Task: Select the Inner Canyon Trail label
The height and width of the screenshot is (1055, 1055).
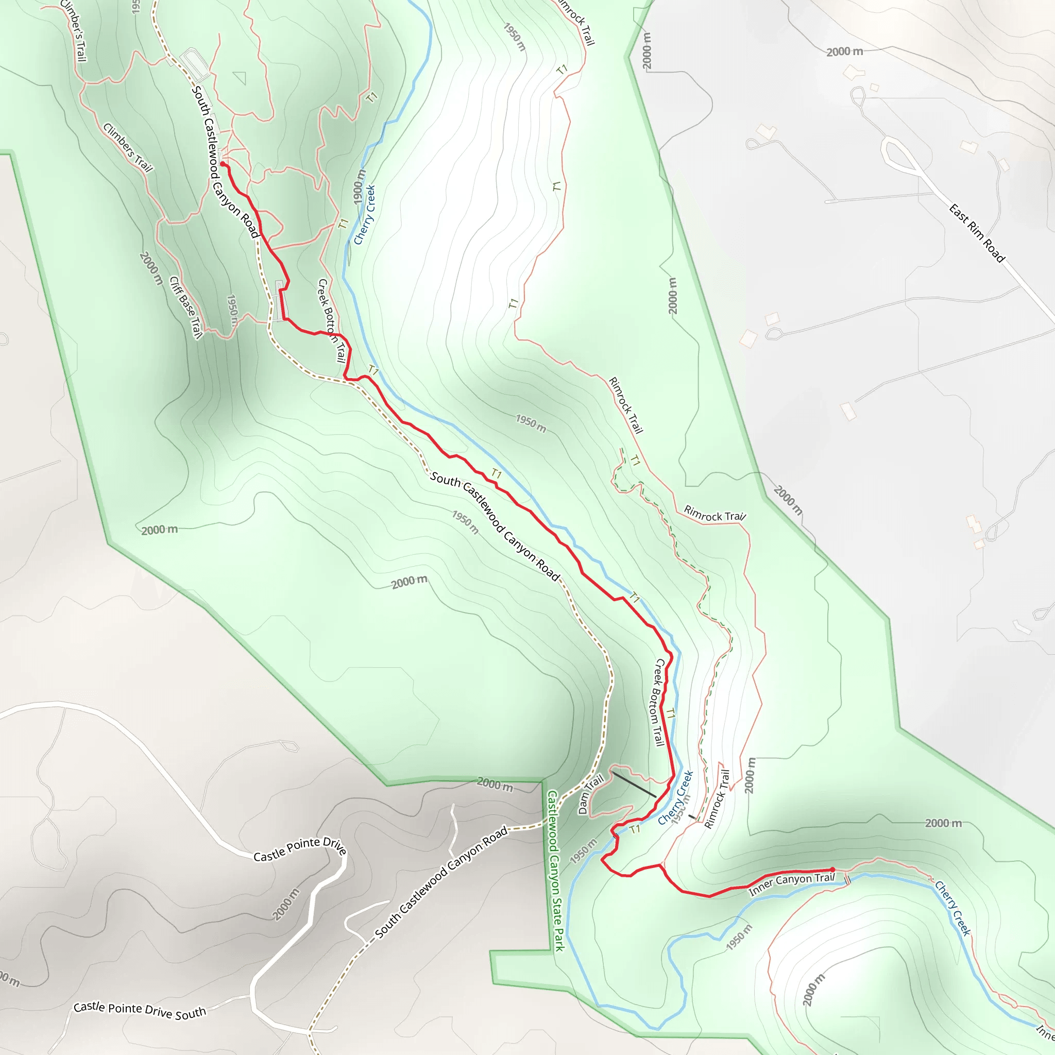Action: click(x=791, y=884)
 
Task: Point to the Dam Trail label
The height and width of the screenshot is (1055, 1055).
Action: click(x=591, y=794)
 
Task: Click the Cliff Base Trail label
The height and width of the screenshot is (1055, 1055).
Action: click(x=185, y=308)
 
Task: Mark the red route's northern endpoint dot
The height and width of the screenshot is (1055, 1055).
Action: click(x=222, y=164)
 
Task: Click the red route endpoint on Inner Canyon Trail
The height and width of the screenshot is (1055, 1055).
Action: click(x=832, y=870)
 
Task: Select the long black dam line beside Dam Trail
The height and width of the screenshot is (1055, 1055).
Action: click(x=634, y=784)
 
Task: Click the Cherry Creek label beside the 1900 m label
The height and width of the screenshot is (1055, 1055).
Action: click(x=365, y=215)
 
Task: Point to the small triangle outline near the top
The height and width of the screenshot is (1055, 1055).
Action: click(x=240, y=78)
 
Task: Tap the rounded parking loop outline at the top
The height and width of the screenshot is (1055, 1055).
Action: click(x=195, y=64)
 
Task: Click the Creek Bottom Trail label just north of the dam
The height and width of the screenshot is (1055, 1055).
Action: click(x=658, y=702)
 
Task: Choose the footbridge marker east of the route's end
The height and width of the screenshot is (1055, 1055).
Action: click(x=847, y=880)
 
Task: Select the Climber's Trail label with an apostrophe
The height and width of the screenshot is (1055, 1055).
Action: click(x=74, y=30)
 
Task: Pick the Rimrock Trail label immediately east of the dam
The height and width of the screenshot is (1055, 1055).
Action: click(x=717, y=799)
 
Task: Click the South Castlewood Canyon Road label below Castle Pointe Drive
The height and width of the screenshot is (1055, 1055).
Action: click(x=441, y=882)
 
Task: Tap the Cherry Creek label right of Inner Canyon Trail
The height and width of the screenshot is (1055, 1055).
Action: click(x=952, y=909)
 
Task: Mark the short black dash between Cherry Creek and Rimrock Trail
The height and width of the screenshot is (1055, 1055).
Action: click(x=692, y=817)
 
